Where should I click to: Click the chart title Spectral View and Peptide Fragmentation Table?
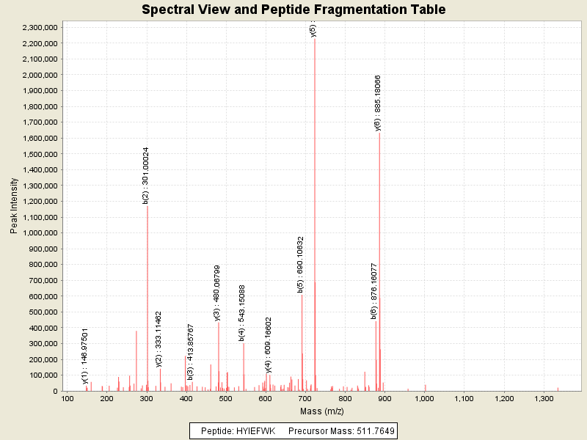[x=293, y=10]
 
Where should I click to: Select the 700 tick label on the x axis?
[x=305, y=399]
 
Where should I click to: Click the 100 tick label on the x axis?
[x=67, y=399]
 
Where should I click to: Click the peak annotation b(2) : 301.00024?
[x=146, y=176]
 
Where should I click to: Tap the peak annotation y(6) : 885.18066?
[x=378, y=103]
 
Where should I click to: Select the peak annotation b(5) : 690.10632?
[x=301, y=265]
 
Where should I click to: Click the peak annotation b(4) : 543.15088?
[x=242, y=313]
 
